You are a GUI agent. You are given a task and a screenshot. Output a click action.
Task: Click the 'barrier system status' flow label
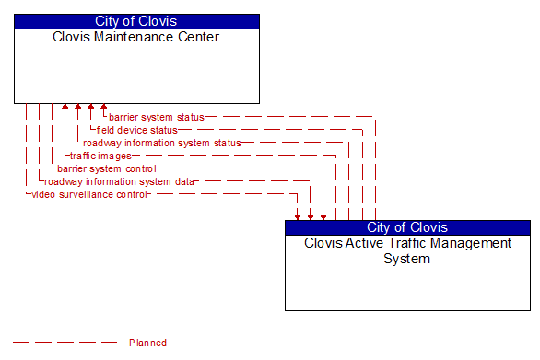coord(156,117)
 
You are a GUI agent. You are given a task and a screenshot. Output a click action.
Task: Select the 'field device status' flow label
coord(136,130)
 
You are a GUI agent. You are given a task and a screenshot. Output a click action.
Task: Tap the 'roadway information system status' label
coord(161,143)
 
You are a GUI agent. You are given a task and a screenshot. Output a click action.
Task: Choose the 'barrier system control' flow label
coord(107,168)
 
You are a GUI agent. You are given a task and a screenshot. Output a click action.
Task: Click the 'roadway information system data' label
coord(120,181)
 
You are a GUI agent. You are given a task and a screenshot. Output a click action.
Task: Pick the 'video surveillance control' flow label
coord(88,194)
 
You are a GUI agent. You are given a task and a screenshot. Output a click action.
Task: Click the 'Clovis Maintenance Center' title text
coord(136,38)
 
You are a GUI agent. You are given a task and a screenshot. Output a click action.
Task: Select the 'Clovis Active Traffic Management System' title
coord(407,250)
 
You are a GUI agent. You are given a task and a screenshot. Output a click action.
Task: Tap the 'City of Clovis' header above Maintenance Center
coord(136,21)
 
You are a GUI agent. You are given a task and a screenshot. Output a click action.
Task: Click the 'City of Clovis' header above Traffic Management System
coord(407,227)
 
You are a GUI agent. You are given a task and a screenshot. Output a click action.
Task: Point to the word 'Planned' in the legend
coord(147,343)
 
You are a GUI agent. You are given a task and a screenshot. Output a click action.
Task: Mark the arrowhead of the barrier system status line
coord(104,108)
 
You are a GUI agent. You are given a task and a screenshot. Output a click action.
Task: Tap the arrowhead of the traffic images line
coord(65,108)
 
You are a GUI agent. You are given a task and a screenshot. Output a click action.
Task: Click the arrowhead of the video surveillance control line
coord(298,216)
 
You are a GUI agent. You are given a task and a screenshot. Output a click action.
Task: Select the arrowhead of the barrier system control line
coord(323,216)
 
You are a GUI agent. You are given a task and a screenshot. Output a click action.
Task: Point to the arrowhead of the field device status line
coord(91,108)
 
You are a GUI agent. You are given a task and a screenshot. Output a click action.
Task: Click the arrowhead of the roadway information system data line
coord(311,216)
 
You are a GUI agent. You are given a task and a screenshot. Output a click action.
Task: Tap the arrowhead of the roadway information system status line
coord(78,108)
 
